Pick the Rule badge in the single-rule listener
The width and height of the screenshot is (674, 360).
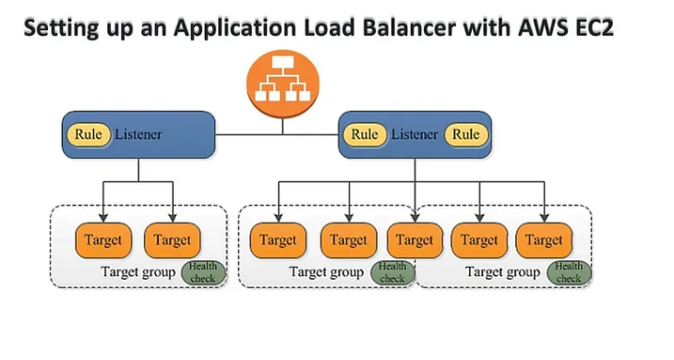(88, 135)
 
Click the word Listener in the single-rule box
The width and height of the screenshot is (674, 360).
(138, 135)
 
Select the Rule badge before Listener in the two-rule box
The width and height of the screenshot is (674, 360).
(365, 135)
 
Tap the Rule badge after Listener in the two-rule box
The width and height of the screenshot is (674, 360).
(465, 135)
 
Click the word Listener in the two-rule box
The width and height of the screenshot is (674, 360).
(415, 135)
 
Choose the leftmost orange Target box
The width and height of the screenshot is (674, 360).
(102, 240)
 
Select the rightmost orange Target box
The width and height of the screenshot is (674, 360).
(544, 240)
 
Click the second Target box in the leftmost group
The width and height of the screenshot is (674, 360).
(172, 240)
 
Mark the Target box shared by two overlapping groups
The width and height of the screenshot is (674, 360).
(415, 240)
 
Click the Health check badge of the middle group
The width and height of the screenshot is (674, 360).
(392, 272)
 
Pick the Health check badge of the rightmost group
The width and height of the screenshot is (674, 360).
(569, 272)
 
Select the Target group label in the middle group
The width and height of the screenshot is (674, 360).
(326, 272)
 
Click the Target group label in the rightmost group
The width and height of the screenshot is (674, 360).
(502, 272)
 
